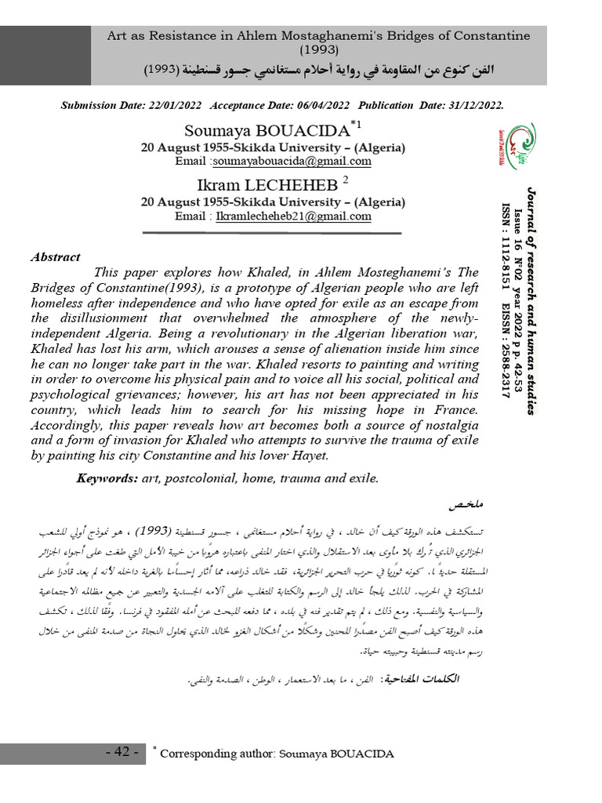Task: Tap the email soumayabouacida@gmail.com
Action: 292,162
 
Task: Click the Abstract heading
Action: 55,256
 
